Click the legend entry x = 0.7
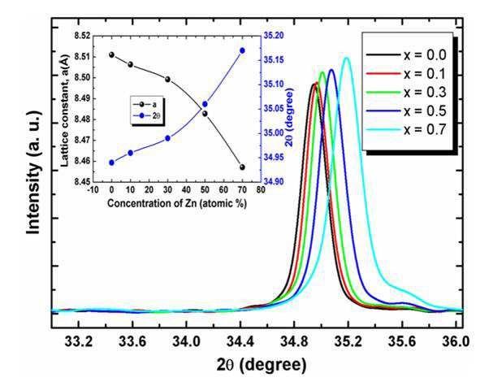pyautogui.click(x=406, y=129)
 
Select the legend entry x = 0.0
pyautogui.click(x=406, y=55)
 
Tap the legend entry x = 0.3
pyautogui.click(x=406, y=92)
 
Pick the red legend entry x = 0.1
pyautogui.click(x=406, y=73)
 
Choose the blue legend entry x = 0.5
pyautogui.click(x=406, y=111)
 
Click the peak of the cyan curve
pyautogui.click(x=346, y=58)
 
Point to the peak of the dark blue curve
pyautogui.click(x=331, y=70)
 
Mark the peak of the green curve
pyautogui.click(x=322, y=72)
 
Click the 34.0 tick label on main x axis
pyautogui.click(x=187, y=341)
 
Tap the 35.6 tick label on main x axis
pyautogui.click(x=402, y=341)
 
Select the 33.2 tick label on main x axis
pyautogui.click(x=79, y=341)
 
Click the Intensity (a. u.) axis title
pyautogui.click(x=33, y=172)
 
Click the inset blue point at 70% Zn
pyautogui.click(x=242, y=50)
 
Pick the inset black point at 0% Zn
pyautogui.click(x=111, y=55)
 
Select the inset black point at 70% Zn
pyautogui.click(x=242, y=167)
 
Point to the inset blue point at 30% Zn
pyautogui.click(x=168, y=138)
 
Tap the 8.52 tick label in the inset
pyautogui.click(x=82, y=37)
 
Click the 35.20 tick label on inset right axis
pyautogui.click(x=274, y=36)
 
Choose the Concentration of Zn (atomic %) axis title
pyautogui.click(x=177, y=203)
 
